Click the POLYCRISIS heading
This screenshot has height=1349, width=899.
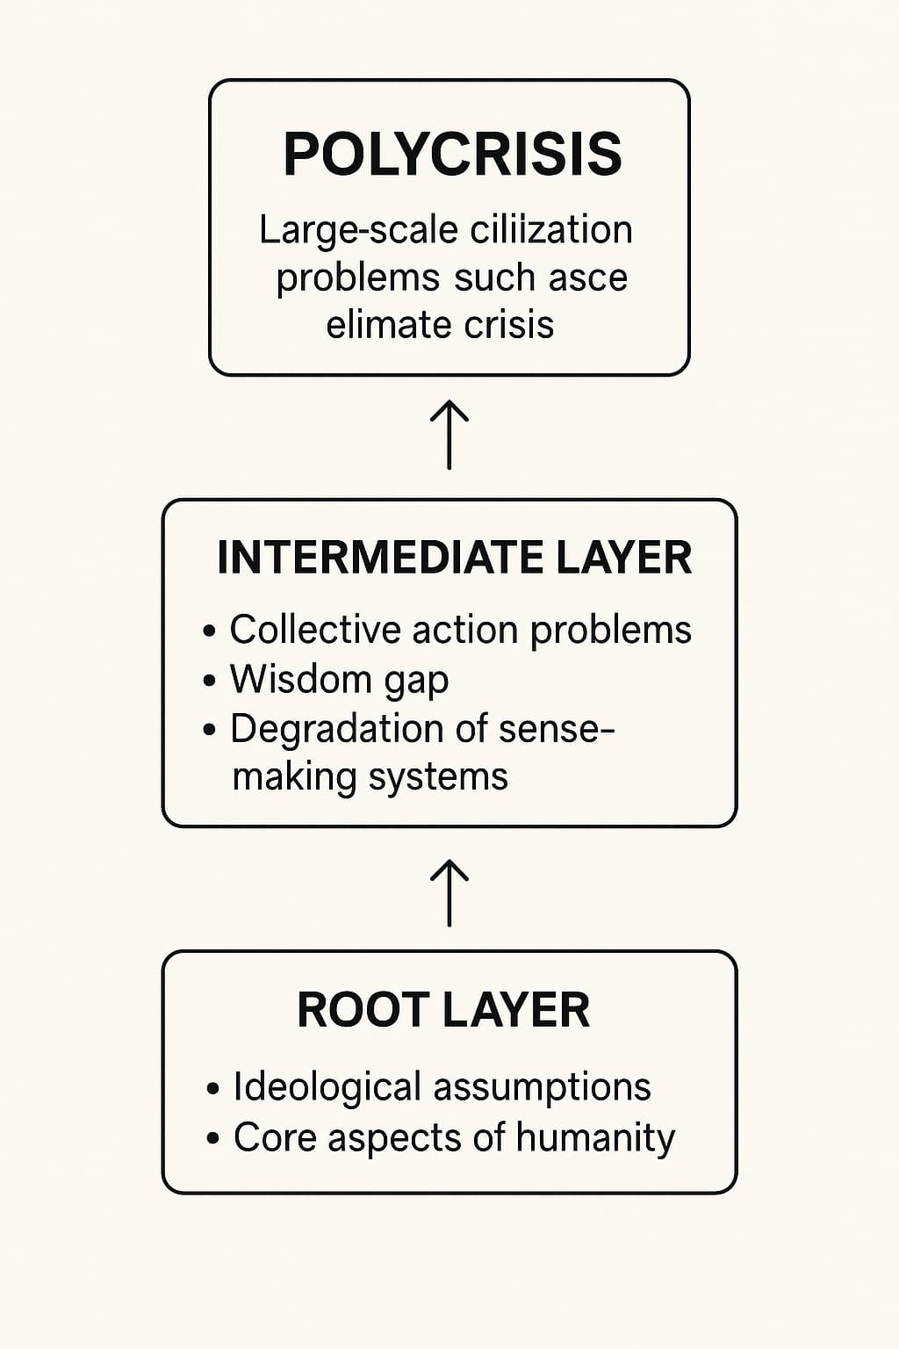click(x=452, y=155)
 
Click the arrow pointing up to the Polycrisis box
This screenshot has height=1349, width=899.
click(x=449, y=434)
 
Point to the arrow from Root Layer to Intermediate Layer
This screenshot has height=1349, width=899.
click(x=449, y=893)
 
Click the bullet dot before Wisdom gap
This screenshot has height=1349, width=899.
click(x=210, y=681)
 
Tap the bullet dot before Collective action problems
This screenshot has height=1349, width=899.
click(x=210, y=631)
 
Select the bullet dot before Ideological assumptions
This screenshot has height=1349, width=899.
click(x=212, y=1088)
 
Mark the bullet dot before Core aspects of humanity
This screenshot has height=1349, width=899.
click(x=212, y=1138)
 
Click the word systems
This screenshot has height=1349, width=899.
click(x=438, y=778)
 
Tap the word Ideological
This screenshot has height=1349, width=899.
click(x=327, y=1087)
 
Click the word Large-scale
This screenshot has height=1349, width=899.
click(x=360, y=231)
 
